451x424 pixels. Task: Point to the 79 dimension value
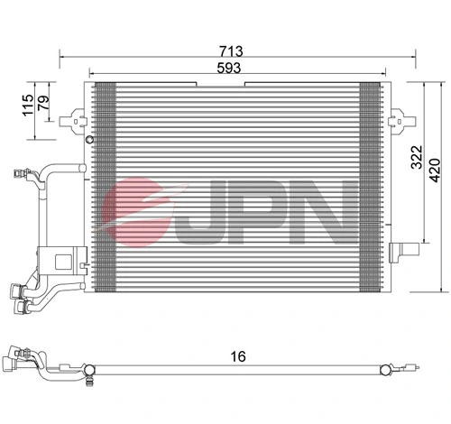coord(43,106)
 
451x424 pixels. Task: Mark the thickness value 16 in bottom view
coord(237,357)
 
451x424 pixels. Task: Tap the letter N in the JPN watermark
coord(321,210)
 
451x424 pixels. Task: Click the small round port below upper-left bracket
coord(87,141)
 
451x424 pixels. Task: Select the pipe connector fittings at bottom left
coord(20,297)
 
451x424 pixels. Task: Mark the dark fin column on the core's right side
coord(370,185)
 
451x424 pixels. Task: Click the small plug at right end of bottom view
coord(410,368)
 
